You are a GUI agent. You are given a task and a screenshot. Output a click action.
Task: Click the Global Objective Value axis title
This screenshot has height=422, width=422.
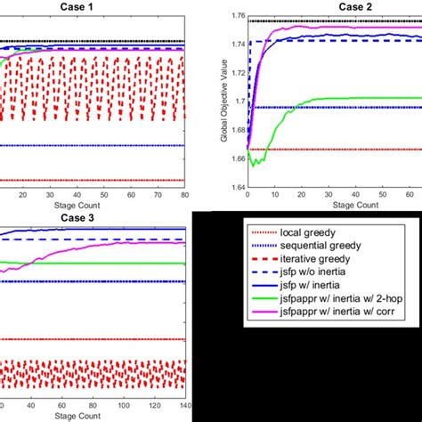[x=215, y=101]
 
